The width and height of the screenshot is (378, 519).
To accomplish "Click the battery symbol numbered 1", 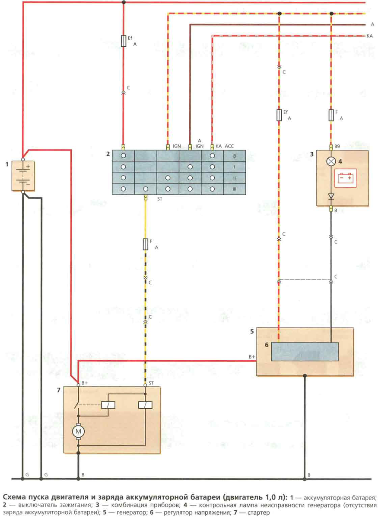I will pos(22,176).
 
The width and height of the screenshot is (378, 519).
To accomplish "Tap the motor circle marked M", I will pos(78,431).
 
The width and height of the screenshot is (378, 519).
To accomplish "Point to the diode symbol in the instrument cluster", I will pos(331,196).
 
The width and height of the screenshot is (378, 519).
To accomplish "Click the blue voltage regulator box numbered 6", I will pos(305,351).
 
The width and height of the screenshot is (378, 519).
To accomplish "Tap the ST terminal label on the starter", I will pos(151,383).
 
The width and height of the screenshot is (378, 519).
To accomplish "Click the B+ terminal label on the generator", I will pos(251,357).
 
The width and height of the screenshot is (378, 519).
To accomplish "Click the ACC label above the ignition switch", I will pos(229,147).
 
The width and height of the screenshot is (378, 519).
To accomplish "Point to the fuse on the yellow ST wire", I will pos(145,244).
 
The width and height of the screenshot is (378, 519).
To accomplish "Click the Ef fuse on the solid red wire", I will pos(124,41).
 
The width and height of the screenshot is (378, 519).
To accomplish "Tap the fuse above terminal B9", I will pos(331,115).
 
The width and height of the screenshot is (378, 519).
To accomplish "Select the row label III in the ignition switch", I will pos(234,189).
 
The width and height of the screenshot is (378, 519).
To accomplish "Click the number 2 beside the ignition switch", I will pos(108,154).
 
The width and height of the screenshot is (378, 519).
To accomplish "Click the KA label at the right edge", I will pos(369,36).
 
